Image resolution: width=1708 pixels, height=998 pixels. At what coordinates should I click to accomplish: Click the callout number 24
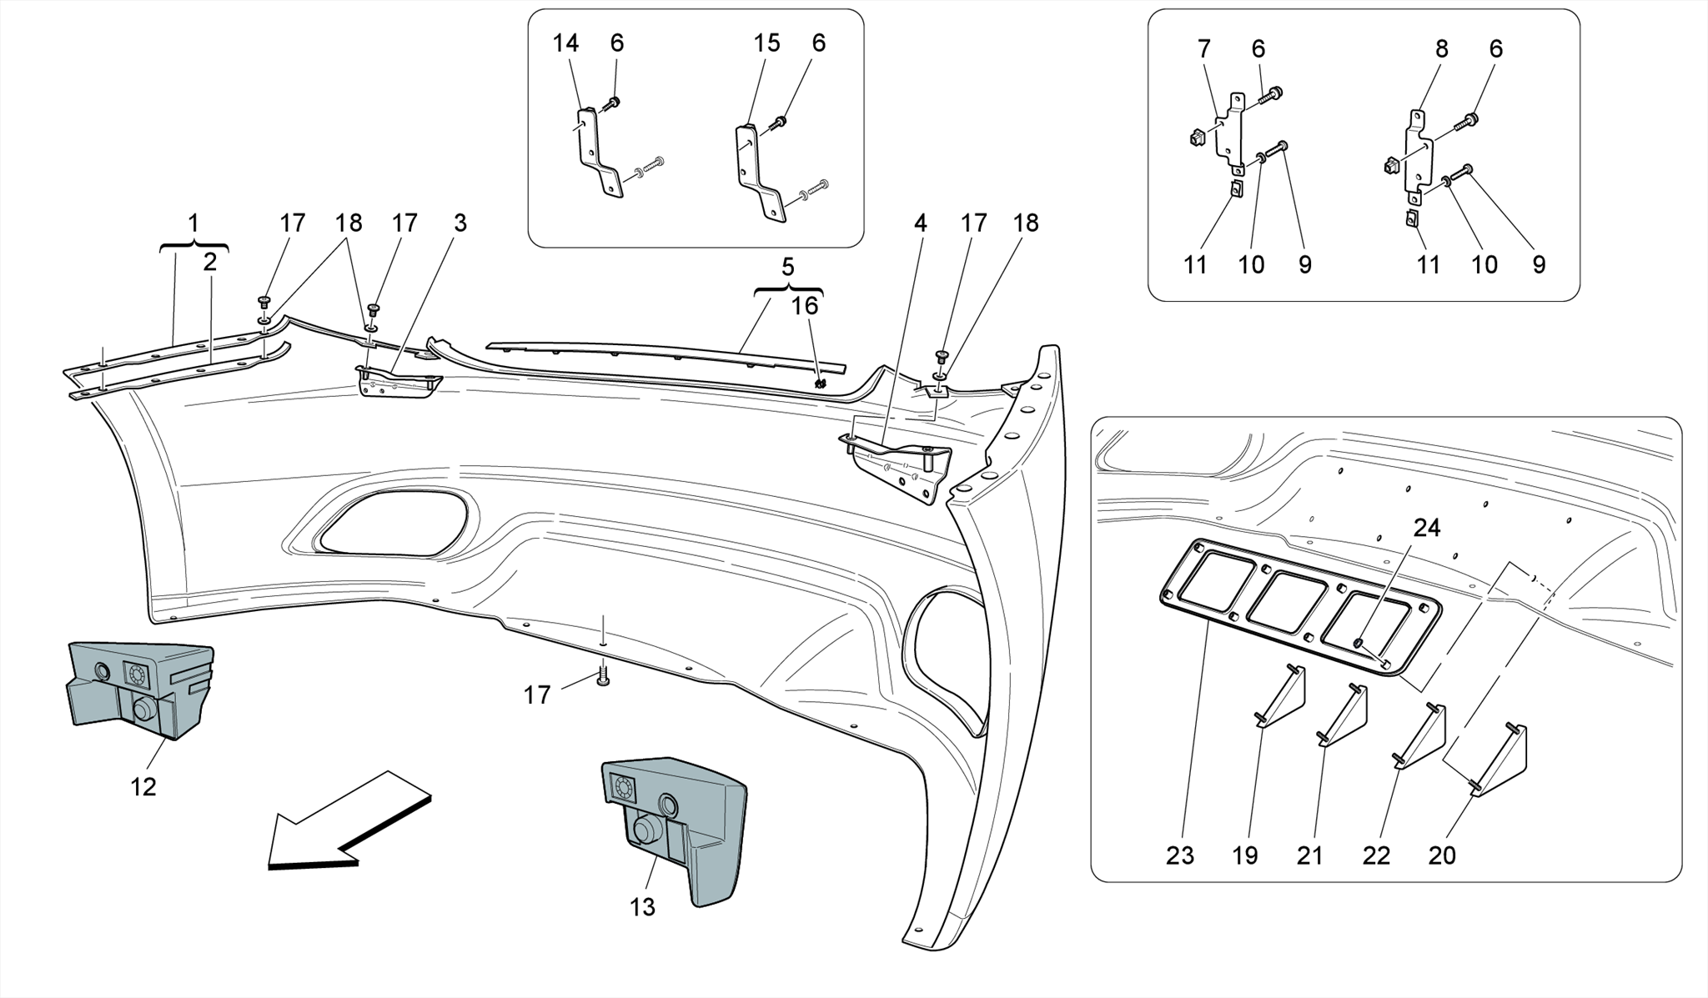click(1426, 528)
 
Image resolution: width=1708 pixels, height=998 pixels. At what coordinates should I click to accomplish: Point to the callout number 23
click(1180, 855)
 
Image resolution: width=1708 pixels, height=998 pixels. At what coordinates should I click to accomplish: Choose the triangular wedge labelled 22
click(1423, 738)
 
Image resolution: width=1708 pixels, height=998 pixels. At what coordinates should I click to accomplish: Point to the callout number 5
click(787, 268)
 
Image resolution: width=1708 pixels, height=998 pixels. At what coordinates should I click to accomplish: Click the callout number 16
click(804, 306)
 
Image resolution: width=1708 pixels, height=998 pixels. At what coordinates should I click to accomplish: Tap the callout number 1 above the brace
click(193, 223)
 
